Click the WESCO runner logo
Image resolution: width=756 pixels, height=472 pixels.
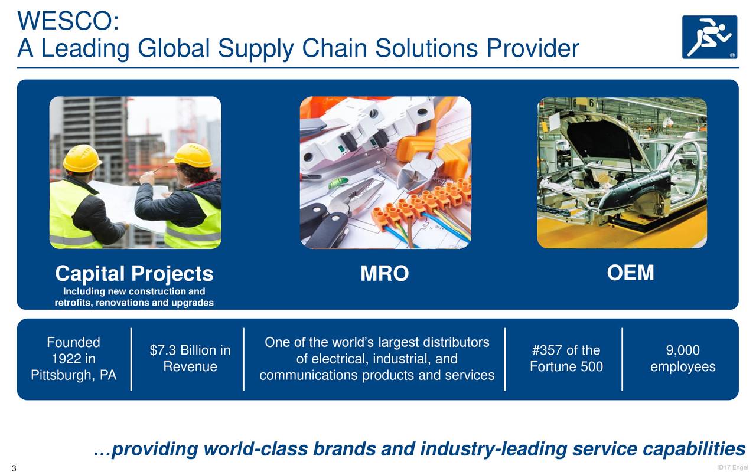709,37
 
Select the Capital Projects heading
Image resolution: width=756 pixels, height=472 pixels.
134,274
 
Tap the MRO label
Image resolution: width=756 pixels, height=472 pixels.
384,274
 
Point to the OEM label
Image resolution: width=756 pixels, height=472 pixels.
630,273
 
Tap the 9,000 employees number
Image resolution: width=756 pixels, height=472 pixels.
683,351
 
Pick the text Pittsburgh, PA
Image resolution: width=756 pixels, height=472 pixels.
73,376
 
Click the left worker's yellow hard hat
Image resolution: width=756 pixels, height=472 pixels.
82,158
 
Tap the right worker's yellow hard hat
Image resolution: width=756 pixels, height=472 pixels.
192,155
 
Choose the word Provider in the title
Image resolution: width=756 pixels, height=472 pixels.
532,49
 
